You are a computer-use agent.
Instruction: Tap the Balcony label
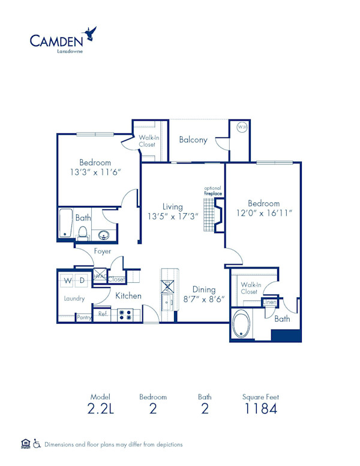click(193, 140)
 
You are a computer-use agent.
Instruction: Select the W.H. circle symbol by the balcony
click(241, 127)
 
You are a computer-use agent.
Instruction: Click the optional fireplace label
click(212, 191)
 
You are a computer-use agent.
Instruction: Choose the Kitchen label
click(128, 295)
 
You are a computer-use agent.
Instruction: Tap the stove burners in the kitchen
click(125, 313)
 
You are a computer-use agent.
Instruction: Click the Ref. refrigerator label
click(103, 313)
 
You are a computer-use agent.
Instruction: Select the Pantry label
click(84, 317)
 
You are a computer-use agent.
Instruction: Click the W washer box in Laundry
click(67, 280)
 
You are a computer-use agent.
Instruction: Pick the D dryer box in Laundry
click(82, 280)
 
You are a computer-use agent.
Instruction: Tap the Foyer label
click(102, 251)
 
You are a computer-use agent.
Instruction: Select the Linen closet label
click(270, 302)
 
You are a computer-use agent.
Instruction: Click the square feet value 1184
click(260, 410)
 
